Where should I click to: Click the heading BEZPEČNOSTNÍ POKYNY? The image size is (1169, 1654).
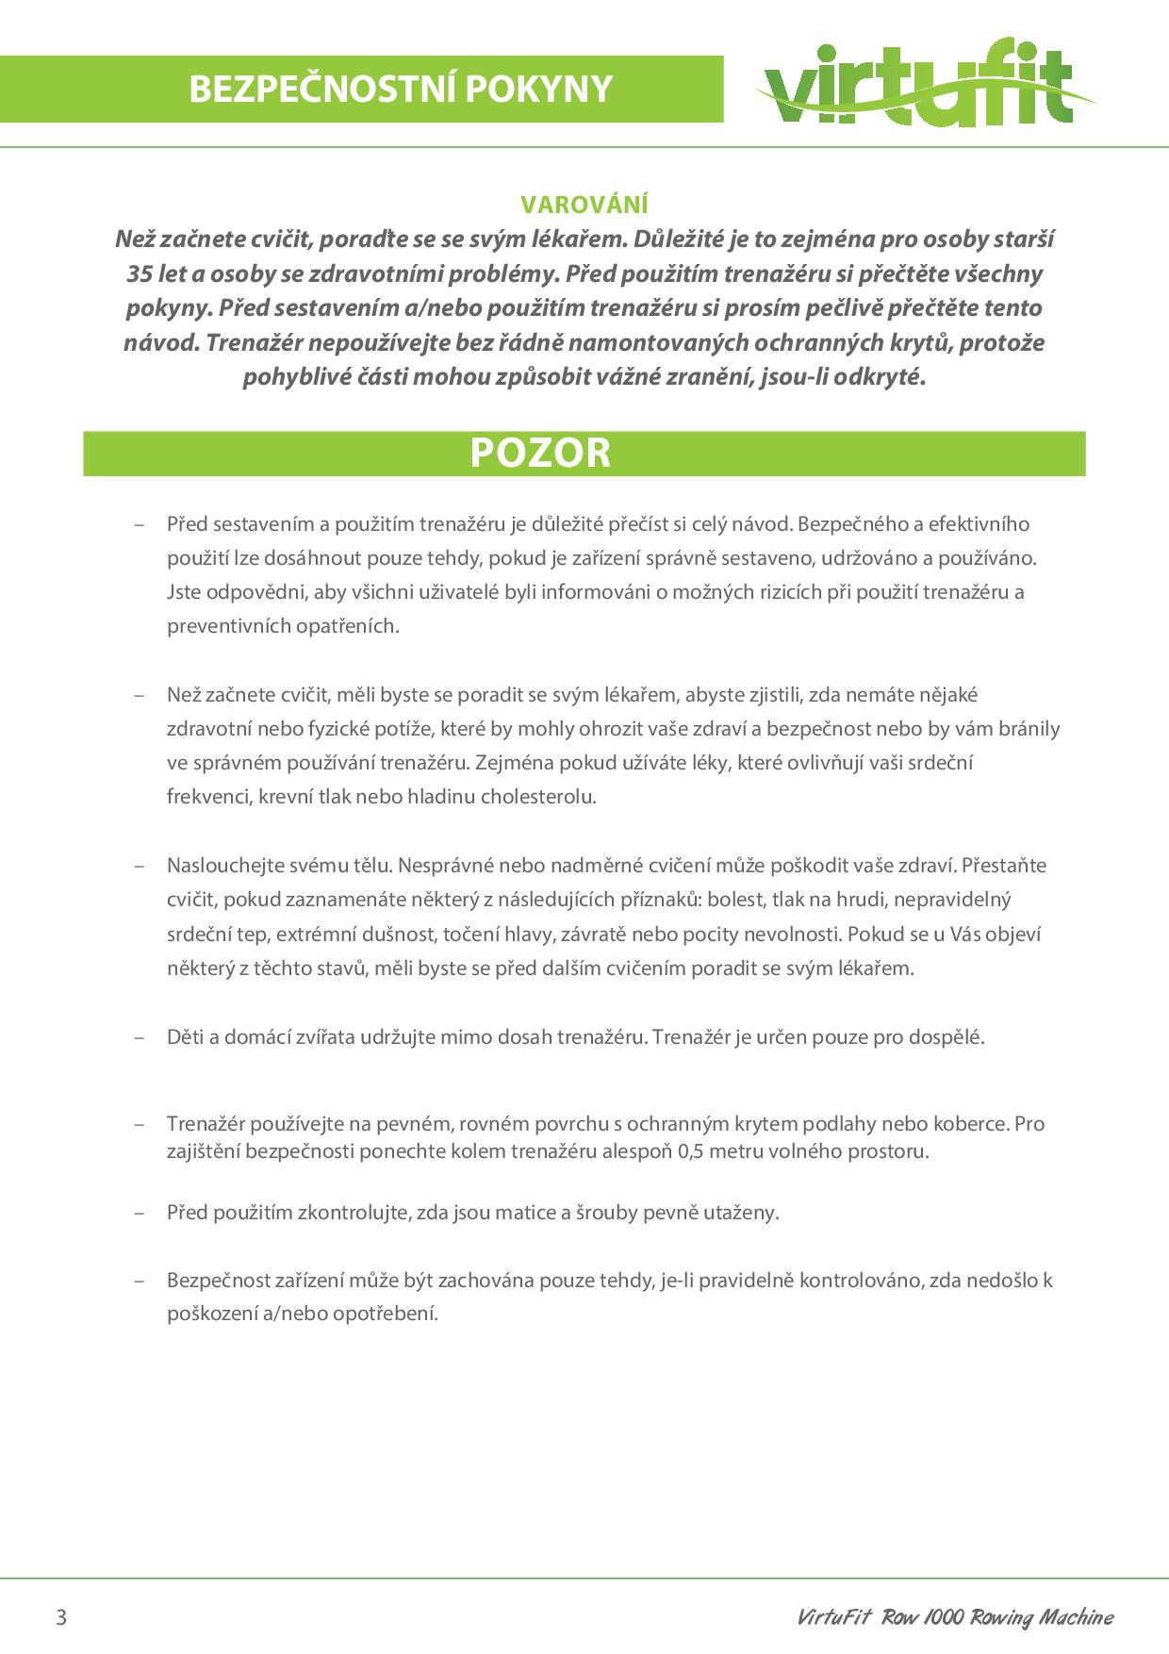click(401, 89)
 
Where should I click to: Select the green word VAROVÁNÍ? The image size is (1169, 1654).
click(584, 205)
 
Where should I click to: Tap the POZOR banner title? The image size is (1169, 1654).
click(540, 453)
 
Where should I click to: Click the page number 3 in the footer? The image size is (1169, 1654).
click(62, 1617)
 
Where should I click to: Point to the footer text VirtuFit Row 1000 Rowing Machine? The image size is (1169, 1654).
click(954, 1617)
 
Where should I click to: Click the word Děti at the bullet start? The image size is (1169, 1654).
click(185, 1037)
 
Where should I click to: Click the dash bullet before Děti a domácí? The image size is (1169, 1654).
click(140, 1037)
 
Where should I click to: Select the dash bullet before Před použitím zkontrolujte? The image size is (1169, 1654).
click(140, 1213)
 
